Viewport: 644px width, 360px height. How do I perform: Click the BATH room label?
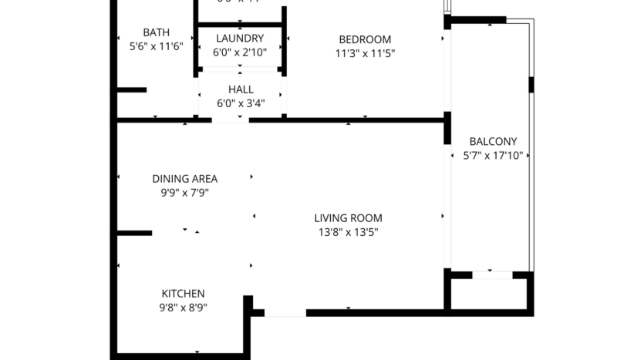(x=156, y=32)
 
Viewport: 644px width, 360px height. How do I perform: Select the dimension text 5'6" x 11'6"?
(x=156, y=46)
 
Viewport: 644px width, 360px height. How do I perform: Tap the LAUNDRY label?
(x=240, y=39)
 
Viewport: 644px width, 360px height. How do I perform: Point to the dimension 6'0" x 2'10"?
(x=240, y=52)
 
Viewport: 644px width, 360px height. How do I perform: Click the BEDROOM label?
(x=365, y=39)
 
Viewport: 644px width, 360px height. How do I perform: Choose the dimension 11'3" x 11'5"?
(x=365, y=54)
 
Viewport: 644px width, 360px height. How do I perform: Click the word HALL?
(x=241, y=89)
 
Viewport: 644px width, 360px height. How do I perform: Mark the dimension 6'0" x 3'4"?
(x=241, y=103)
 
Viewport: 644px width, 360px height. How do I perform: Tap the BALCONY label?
(x=493, y=141)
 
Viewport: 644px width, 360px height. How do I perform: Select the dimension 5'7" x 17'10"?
(x=493, y=155)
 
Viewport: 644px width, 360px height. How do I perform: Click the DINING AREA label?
(x=184, y=179)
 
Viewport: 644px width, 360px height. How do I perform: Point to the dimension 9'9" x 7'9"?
(x=184, y=193)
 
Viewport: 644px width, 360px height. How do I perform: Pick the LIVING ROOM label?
(x=348, y=218)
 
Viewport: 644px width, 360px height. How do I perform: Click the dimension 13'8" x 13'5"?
(x=348, y=232)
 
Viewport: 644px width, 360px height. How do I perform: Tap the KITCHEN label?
(x=183, y=294)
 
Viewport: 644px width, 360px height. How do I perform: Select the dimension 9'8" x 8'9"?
(x=183, y=308)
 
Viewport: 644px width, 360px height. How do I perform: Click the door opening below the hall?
(x=231, y=120)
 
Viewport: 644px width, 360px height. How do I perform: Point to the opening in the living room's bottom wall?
(x=285, y=313)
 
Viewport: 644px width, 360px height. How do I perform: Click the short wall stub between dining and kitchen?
(x=134, y=233)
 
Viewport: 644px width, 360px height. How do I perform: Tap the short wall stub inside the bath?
(x=132, y=90)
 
